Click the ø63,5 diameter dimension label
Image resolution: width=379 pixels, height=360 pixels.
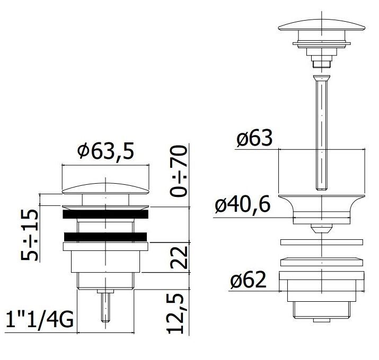click(105, 151)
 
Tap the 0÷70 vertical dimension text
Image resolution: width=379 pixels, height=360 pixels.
click(179, 171)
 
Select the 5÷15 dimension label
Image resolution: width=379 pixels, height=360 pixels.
click(30, 235)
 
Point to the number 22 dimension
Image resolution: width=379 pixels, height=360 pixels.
click(179, 258)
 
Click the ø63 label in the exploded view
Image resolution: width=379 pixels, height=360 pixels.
click(254, 138)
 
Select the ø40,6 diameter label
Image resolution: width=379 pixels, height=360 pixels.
click(242, 205)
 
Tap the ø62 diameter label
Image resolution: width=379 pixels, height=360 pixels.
click(248, 280)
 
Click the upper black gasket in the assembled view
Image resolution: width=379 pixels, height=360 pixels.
click(105, 214)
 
